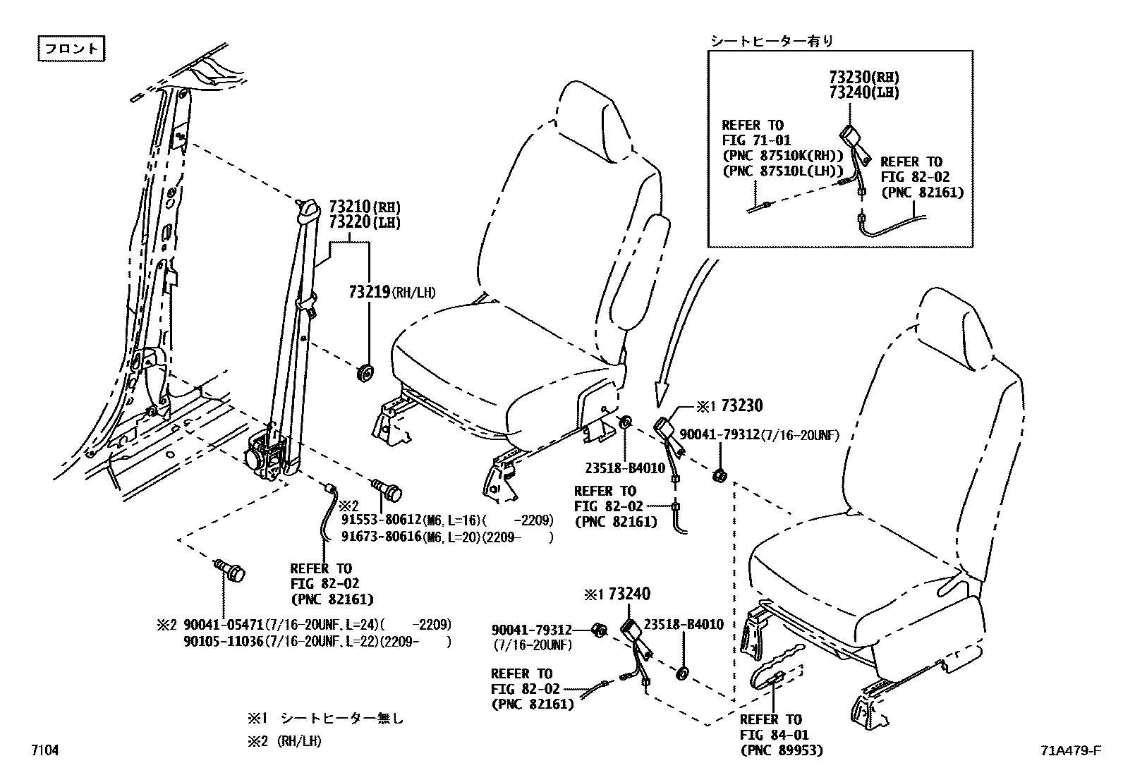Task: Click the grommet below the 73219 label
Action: pos(365,373)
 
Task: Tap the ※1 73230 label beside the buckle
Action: pos(729,406)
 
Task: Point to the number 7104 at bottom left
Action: pos(44,750)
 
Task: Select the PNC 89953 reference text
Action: pos(782,750)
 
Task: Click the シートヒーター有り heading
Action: pos(771,41)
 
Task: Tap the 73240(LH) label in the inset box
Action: pos(863,92)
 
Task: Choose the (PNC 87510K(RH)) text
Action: pos(783,156)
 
